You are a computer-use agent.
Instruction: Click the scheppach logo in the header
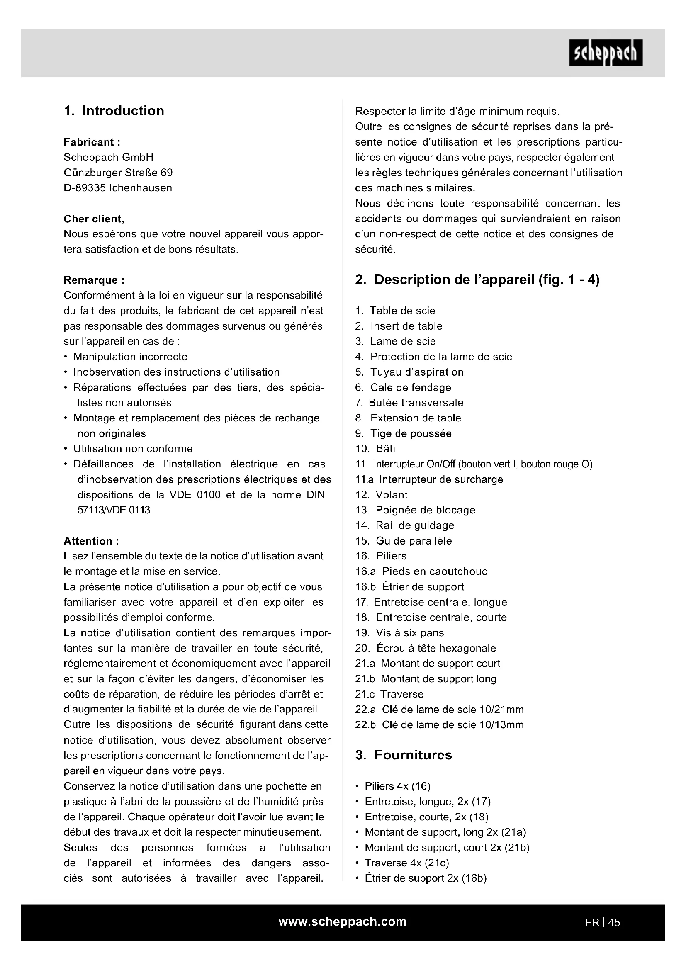click(x=605, y=53)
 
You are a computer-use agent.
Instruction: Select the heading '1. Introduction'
click(x=114, y=111)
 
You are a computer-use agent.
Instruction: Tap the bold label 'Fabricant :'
click(x=92, y=142)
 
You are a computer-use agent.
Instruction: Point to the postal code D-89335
click(x=85, y=188)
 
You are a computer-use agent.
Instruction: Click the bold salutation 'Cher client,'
click(x=94, y=219)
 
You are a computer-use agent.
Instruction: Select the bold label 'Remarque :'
click(x=94, y=280)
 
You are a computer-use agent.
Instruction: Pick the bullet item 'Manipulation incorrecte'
click(x=130, y=357)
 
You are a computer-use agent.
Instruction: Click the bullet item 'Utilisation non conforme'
click(x=133, y=449)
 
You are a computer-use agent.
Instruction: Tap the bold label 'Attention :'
click(x=91, y=541)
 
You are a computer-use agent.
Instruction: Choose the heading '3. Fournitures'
click(x=404, y=755)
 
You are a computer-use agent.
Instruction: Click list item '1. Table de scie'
click(x=395, y=311)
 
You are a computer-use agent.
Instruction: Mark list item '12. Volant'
click(x=381, y=495)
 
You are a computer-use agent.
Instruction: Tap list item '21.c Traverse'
click(x=389, y=694)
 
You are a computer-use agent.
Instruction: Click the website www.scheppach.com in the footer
click(x=342, y=922)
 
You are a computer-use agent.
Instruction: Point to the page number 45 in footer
click(x=614, y=923)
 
